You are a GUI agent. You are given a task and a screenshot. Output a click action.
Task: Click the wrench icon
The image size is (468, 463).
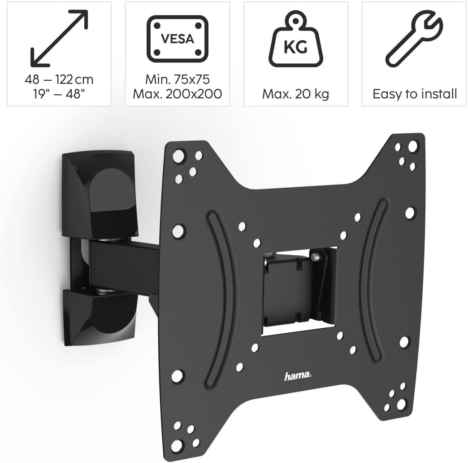click(x=414, y=39)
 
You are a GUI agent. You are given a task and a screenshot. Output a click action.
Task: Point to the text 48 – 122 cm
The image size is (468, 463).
click(x=59, y=80)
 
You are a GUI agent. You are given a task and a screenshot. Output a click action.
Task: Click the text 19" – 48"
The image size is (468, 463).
click(x=59, y=94)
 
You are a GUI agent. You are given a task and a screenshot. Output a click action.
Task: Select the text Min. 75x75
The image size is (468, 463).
click(x=178, y=80)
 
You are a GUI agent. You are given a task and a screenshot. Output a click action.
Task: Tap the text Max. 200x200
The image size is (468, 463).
click(x=178, y=94)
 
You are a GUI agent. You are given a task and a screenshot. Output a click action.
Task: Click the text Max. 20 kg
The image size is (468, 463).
click(x=295, y=94)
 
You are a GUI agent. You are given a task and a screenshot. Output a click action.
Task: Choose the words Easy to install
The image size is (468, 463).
click(x=415, y=94)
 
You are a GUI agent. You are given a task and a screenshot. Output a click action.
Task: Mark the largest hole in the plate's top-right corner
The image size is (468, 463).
click(x=412, y=146)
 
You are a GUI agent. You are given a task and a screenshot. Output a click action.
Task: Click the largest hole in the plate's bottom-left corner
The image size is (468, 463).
click(x=176, y=445)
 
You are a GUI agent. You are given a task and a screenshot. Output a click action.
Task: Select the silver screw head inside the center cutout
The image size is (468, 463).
click(x=316, y=257)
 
